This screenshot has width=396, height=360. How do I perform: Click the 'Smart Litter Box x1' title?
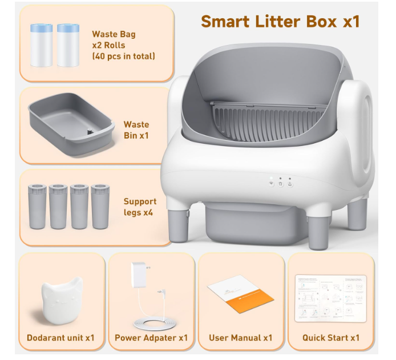click(x=280, y=22)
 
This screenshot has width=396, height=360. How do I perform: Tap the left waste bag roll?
click(x=42, y=46)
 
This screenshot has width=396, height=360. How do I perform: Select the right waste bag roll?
click(x=68, y=46)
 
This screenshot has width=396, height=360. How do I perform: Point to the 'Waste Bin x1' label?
click(x=136, y=130)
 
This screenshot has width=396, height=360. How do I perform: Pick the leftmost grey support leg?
click(x=38, y=207)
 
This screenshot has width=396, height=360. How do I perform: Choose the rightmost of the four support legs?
click(x=100, y=207)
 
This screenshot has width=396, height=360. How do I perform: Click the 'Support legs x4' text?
click(x=140, y=207)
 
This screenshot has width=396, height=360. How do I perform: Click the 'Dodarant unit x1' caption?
click(x=60, y=338)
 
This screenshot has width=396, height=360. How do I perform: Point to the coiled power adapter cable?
click(x=154, y=325)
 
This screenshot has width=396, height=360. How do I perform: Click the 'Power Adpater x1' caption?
click(x=151, y=338)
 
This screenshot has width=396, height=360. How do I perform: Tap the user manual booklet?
click(x=241, y=294)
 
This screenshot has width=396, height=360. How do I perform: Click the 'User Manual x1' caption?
click(x=241, y=338)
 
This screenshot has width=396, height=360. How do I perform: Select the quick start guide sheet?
click(x=331, y=298)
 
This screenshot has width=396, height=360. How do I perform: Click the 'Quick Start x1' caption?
click(x=331, y=338)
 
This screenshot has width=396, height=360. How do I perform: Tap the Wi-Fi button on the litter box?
click(x=272, y=184)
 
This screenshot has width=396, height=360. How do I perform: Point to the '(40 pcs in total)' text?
click(x=123, y=56)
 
